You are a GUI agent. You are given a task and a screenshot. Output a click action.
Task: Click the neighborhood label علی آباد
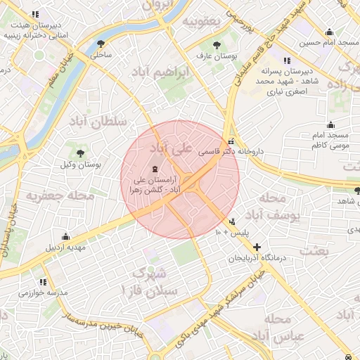point(171,150)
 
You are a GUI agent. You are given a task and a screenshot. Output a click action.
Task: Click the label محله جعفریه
point(60,195)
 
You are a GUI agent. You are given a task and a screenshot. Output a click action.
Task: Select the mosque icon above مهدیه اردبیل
point(65,236)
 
